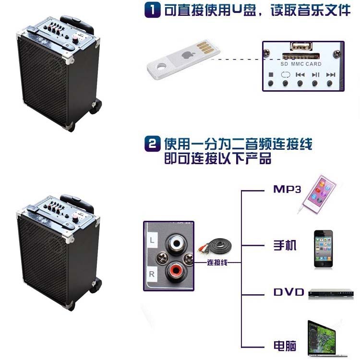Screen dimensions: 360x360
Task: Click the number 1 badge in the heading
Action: [x=153, y=11]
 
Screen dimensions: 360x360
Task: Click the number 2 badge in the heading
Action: [x=153, y=144]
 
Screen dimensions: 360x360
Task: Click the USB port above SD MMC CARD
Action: [x=301, y=46]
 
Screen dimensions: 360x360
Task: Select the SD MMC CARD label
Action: [x=301, y=64]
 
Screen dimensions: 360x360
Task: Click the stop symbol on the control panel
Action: [x=271, y=74]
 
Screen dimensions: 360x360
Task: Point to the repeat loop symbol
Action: [x=286, y=74]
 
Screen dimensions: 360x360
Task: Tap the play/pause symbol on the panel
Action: [x=315, y=74]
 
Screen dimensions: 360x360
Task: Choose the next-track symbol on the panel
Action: [x=331, y=74]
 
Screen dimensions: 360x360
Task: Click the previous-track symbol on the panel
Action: [x=300, y=74]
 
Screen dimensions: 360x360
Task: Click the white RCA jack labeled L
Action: [x=176, y=243]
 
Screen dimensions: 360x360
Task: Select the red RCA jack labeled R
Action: [x=176, y=272]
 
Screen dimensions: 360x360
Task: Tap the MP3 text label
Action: [x=287, y=189]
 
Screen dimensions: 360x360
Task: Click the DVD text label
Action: [x=289, y=292]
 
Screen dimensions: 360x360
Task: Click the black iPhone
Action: [x=323, y=249]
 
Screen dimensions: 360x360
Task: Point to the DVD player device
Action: [x=331, y=294]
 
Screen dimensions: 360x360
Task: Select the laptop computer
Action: [x=326, y=339]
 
